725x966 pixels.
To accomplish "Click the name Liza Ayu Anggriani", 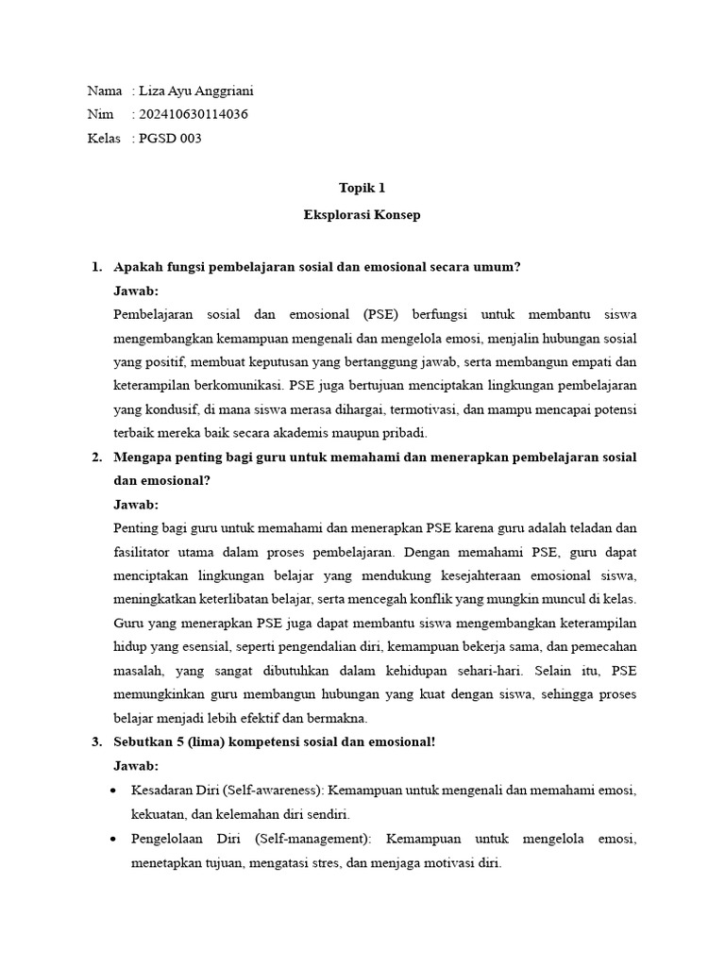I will tap(195, 92).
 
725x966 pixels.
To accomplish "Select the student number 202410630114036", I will tap(194, 115).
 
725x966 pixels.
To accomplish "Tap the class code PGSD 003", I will tap(170, 139).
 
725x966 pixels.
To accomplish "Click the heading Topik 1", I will tap(362, 188).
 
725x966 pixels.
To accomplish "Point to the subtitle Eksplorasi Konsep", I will tap(362, 214).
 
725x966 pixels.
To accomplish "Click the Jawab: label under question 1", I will tap(136, 291).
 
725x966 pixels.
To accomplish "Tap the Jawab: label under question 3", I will tap(136, 765).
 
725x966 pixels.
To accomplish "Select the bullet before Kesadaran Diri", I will tap(114, 790).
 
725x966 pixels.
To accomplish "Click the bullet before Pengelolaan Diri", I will tap(114, 839).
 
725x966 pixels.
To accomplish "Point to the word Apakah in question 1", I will tap(138, 267).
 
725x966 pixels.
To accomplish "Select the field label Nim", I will tap(99, 115).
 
